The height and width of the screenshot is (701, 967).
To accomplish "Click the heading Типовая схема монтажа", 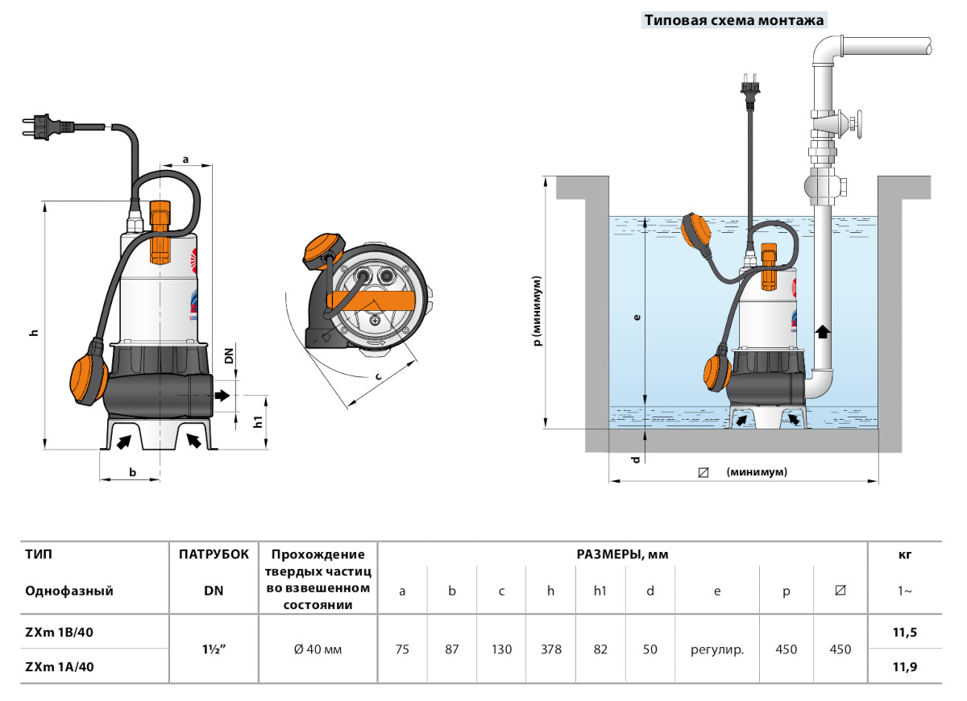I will point(733,21).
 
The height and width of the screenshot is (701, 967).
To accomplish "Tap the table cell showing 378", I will point(551,649).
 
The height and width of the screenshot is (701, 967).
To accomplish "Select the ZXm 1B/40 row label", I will point(60,633).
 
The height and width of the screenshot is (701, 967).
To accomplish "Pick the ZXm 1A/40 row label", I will point(60,666).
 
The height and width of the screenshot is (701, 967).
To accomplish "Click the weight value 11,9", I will point(905,666).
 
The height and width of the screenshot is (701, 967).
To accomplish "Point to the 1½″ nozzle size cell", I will point(214,649).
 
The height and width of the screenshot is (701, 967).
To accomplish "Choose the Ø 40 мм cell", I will point(318,649).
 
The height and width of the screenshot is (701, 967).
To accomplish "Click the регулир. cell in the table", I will point(717,649).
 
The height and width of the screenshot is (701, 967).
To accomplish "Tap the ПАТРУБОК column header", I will point(214,554).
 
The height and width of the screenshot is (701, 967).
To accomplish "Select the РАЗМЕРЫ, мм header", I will point(622,554).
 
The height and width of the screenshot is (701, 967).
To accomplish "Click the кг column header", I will point(904,554).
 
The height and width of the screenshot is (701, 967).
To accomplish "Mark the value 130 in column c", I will point(501,649).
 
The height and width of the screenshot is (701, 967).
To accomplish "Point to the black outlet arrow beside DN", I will point(222,396).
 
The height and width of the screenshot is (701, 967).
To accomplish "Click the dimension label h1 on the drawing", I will point(257,422).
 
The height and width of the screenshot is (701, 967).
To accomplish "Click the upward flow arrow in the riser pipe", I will point(821,330).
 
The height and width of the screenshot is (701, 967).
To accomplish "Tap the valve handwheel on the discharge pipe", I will point(861,125).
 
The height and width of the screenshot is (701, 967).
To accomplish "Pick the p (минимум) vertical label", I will point(537,310).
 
